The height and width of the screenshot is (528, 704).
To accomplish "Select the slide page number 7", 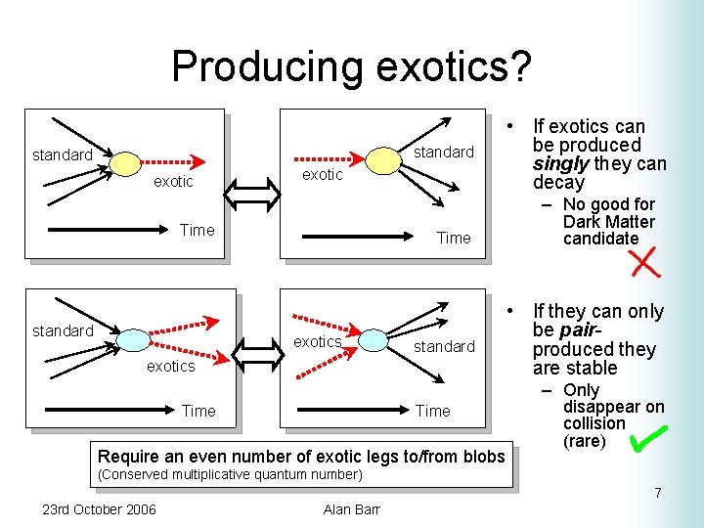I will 658,493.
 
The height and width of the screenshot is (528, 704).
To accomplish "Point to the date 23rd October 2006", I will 99,508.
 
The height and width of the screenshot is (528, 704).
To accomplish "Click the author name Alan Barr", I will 351,508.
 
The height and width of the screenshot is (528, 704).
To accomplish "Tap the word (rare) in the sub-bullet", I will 586,441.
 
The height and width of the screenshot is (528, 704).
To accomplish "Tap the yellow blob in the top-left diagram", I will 124,161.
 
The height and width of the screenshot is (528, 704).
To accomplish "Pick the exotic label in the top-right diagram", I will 322,174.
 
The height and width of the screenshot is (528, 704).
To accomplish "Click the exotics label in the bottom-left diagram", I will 170,366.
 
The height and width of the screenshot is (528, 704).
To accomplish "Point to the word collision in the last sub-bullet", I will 594,423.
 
